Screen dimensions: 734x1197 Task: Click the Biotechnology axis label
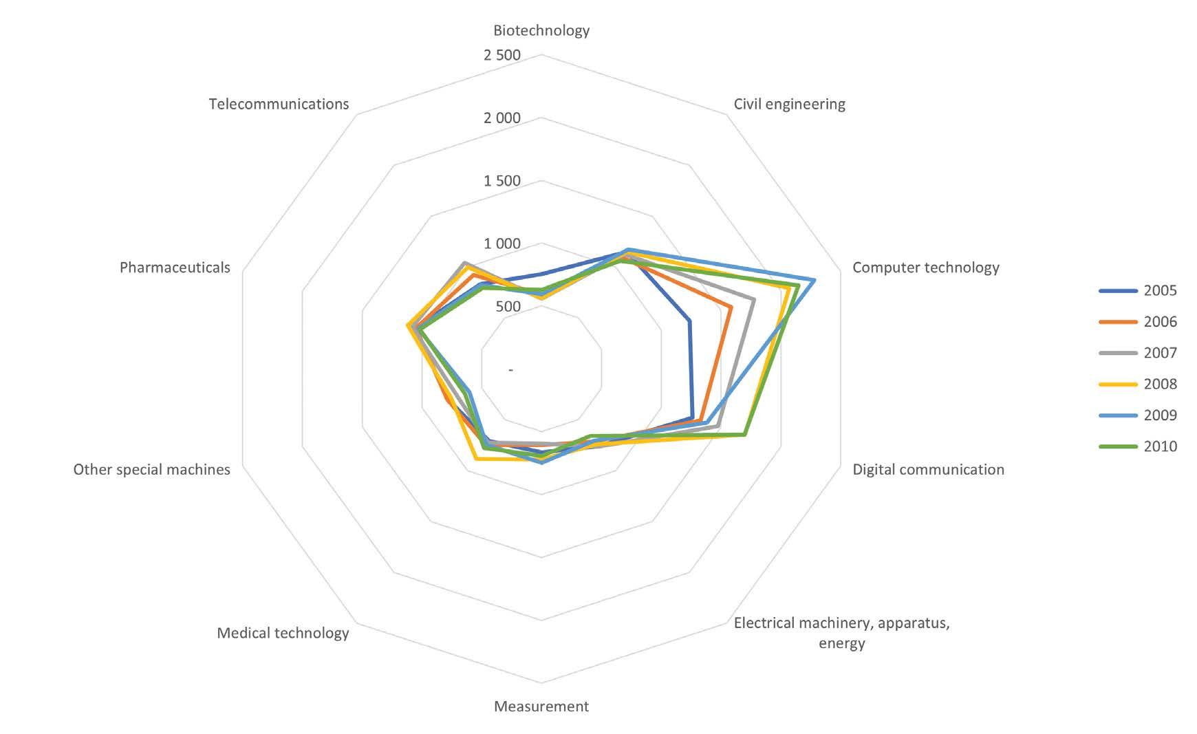541,30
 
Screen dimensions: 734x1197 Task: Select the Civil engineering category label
789,104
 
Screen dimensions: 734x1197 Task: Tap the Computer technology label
925,267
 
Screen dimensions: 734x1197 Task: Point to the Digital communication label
928,469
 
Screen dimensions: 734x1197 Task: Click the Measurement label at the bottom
541,706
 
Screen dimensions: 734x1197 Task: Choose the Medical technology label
283,633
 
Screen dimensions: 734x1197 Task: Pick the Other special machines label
151,469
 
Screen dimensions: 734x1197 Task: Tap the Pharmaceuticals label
175,267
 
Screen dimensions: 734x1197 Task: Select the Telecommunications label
279,104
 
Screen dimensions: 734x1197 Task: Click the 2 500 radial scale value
502,55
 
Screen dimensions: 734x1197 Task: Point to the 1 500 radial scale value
502,181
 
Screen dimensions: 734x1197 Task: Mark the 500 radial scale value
508,307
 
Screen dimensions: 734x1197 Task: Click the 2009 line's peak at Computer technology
815,280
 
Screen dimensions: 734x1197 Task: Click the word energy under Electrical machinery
841,644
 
